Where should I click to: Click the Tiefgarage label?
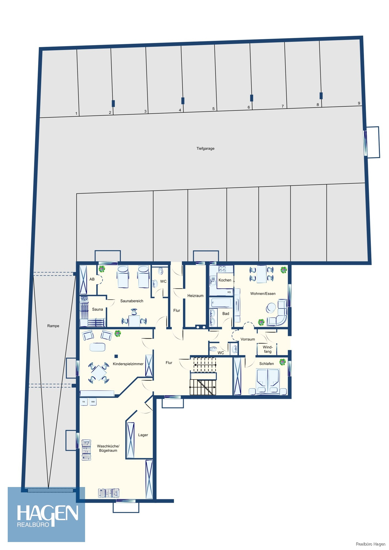click(205, 148)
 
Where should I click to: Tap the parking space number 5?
click(213, 109)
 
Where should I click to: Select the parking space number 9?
click(359, 103)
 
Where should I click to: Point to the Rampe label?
click(53, 326)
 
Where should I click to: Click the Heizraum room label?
click(195, 296)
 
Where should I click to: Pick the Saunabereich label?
click(132, 301)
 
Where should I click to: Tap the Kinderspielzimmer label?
click(128, 364)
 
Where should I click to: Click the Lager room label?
click(143, 435)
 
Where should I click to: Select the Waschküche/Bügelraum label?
click(108, 448)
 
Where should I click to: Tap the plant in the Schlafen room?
click(282, 362)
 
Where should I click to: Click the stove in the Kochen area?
click(222, 269)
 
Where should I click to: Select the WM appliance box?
click(93, 402)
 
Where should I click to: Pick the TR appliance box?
click(84, 402)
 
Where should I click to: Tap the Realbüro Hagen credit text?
click(371, 544)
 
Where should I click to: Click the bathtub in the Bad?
click(221, 302)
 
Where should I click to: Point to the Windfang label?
click(268, 349)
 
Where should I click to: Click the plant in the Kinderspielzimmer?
click(118, 334)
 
